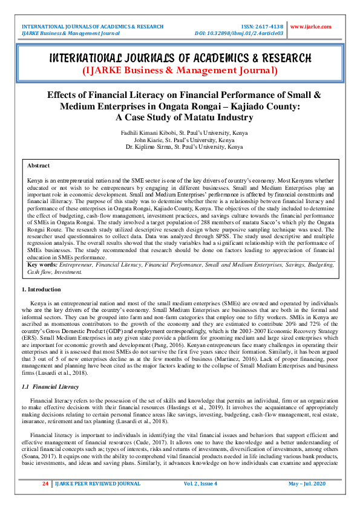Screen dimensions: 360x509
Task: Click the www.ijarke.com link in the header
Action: click(x=310, y=27)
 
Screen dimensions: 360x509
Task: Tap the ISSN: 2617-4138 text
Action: click(x=263, y=27)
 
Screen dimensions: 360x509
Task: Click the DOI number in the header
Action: click(x=240, y=33)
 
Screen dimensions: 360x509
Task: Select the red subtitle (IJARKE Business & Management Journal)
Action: click(x=180, y=71)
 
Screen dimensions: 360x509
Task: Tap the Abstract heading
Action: click(x=39, y=165)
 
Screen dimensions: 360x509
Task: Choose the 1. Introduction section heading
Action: click(x=41, y=290)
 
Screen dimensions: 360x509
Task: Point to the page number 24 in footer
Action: click(x=45, y=484)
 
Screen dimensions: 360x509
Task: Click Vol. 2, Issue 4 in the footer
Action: click(x=200, y=484)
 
